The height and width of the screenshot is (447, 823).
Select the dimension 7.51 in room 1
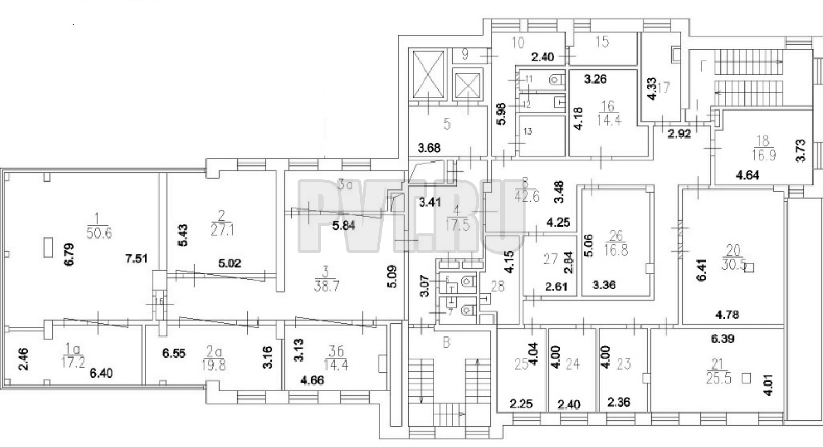136,259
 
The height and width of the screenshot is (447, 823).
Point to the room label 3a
344,186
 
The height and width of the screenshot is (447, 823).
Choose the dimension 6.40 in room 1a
102,374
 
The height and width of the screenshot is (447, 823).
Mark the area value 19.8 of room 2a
213,366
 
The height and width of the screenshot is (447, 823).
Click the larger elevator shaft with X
427,74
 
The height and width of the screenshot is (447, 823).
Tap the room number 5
447,125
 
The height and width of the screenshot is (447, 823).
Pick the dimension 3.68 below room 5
429,148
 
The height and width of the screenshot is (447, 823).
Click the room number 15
602,42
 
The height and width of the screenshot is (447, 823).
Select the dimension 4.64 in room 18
747,175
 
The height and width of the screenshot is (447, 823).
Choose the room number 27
551,259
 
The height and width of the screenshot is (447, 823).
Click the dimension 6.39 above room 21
722,339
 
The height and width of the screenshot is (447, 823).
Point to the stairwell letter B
446,343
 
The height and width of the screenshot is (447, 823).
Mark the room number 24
573,364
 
